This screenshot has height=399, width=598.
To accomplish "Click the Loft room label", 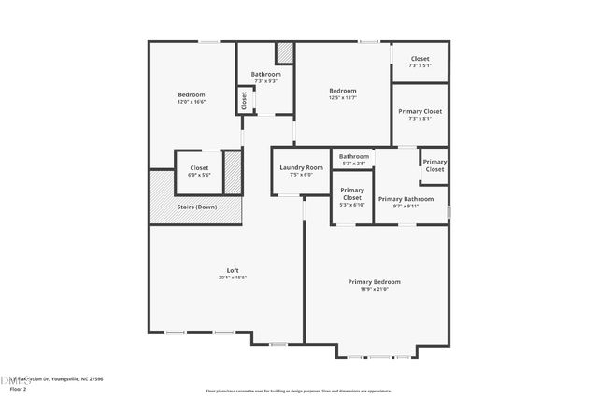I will (x=233, y=270).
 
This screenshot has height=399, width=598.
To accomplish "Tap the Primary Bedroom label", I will (x=374, y=281).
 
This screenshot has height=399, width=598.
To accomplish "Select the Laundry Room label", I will (x=301, y=167).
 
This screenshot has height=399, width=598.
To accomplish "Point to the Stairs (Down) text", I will (x=197, y=207).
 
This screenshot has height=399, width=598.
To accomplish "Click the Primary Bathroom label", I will (x=406, y=199).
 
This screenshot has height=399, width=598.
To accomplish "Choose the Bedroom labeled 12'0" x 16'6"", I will (x=192, y=94).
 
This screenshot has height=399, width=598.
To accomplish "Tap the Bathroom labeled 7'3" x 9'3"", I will (x=265, y=74).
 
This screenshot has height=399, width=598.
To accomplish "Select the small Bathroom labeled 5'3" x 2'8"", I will (x=354, y=156).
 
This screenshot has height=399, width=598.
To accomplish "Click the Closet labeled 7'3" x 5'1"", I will (x=420, y=59).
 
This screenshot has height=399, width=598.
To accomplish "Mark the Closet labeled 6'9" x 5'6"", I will (x=199, y=168).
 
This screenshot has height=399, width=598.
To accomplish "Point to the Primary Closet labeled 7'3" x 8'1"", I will (x=420, y=111).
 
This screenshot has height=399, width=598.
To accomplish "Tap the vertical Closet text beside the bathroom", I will (x=244, y=100).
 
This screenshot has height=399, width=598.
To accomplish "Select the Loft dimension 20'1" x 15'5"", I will (x=233, y=278).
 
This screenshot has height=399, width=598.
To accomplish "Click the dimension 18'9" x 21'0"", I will (x=374, y=289).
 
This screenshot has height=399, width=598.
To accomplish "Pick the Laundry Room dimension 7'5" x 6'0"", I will (x=301, y=174).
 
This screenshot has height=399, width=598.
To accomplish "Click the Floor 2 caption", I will (x=18, y=388).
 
